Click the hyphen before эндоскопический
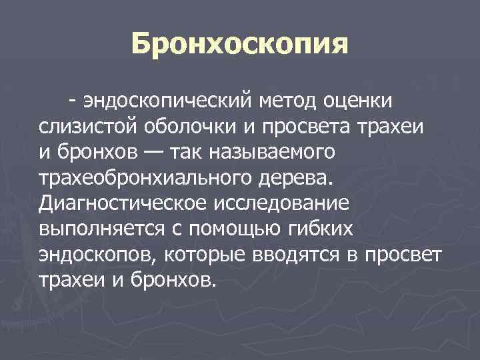[x=71, y=101]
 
